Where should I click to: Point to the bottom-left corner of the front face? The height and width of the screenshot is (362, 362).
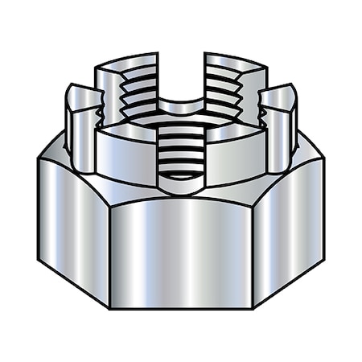click(109, 308)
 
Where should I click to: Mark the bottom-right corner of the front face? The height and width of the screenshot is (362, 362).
click(253, 308)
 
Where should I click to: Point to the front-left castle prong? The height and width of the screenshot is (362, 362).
click(125, 157)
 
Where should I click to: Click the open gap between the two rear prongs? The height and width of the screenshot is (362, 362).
click(181, 80)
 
